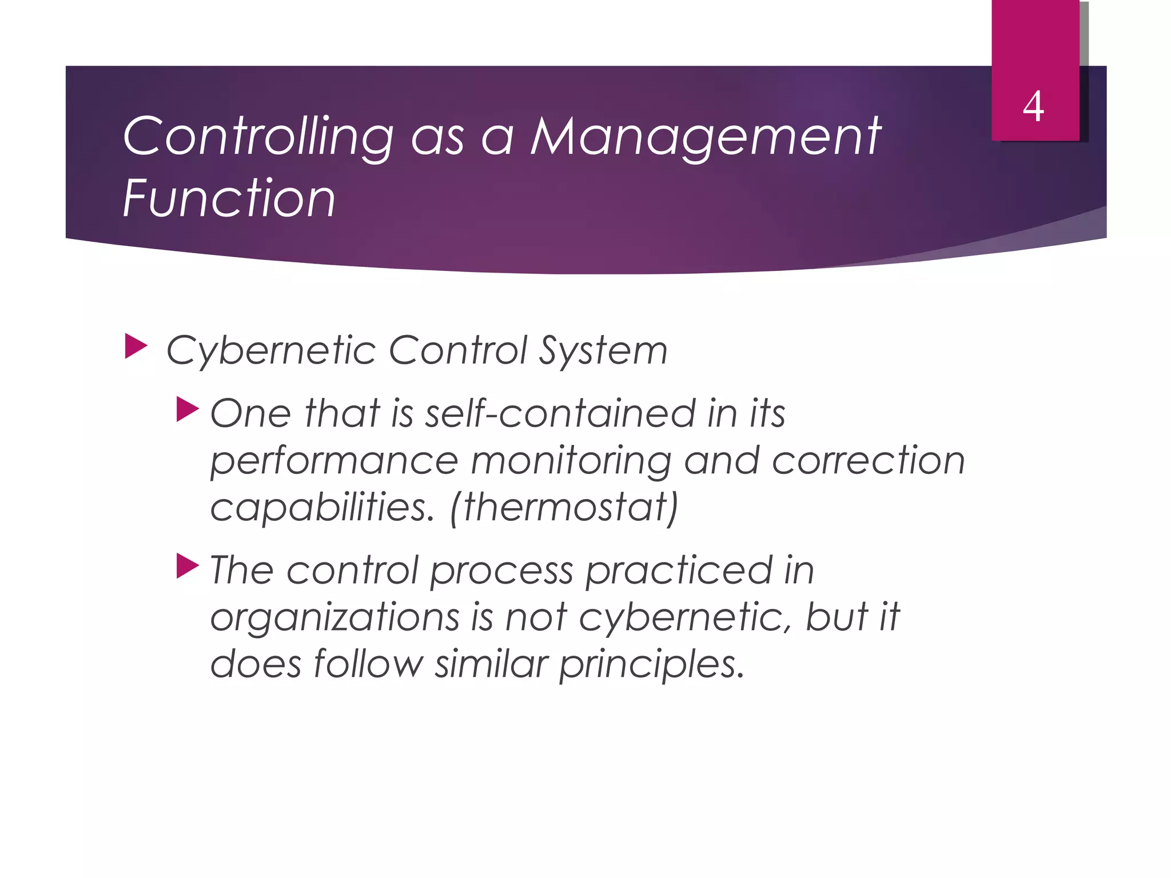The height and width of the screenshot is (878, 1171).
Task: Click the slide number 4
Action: click(1033, 107)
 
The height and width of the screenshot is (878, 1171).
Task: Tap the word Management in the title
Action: click(706, 137)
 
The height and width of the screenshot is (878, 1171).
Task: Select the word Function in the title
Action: click(229, 198)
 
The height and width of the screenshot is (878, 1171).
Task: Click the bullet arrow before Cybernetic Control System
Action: click(136, 347)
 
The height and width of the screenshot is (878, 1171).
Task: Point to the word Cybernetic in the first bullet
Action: click(270, 350)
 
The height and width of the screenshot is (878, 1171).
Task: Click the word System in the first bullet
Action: click(603, 350)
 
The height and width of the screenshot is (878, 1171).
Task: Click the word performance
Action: click(334, 462)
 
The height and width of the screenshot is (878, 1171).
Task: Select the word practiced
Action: click(679, 570)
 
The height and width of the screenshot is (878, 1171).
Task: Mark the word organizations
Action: click(334, 618)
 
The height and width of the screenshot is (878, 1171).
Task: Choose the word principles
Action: click(651, 665)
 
